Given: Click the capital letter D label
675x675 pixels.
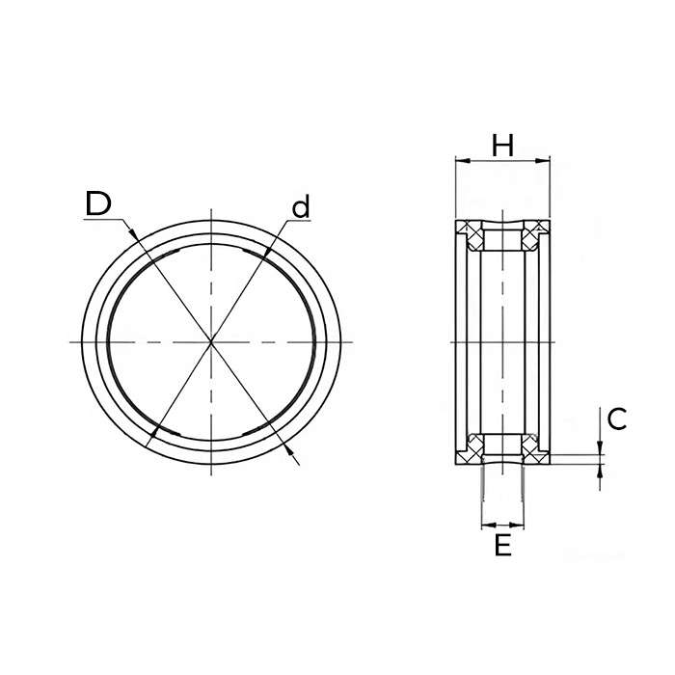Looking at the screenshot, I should point(99,203).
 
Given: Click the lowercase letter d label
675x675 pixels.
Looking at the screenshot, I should point(301,206).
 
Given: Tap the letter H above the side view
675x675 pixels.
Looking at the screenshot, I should point(502,146).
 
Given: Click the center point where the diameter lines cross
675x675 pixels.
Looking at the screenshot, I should point(211,342).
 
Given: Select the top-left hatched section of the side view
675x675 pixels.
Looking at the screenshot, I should point(470,231).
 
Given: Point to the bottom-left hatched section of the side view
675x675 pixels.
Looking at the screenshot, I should point(470,447).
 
